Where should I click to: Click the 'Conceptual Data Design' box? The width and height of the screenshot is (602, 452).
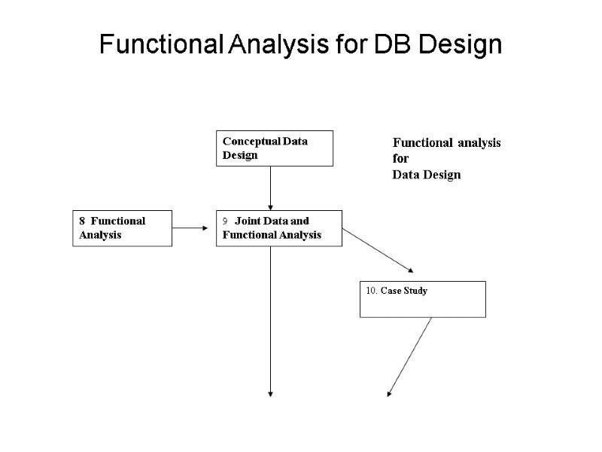275,148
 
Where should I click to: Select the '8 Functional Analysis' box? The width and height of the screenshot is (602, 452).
122,228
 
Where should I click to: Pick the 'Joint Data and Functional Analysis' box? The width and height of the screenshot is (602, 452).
278,228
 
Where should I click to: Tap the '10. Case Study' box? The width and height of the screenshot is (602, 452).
422,299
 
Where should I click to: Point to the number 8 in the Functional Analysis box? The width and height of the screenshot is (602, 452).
83,221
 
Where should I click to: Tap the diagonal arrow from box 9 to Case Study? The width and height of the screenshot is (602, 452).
378,250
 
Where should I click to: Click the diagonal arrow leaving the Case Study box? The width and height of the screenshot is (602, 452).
409,356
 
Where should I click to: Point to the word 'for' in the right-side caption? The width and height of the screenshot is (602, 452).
400,159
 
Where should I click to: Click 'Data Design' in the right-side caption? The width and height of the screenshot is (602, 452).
426,175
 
